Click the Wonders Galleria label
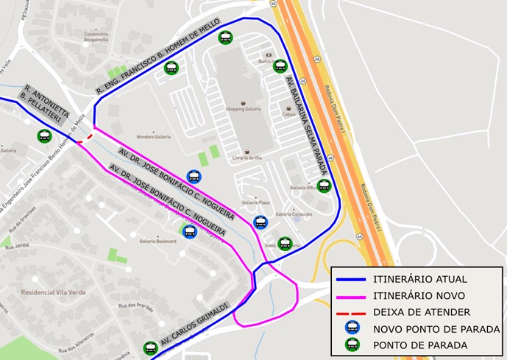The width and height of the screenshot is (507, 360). [x=153, y=137]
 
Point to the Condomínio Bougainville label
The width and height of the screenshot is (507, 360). [x=96, y=38]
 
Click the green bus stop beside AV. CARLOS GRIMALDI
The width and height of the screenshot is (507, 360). [x=150, y=347]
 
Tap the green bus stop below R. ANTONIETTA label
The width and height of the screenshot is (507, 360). [x=44, y=136]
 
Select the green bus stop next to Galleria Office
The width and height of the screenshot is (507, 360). [x=324, y=186]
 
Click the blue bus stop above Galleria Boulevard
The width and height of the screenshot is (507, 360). [x=189, y=231]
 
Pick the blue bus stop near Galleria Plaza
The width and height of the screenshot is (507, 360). [x=260, y=222]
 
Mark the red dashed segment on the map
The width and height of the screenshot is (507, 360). [x=85, y=138]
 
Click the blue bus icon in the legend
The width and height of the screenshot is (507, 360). [x=352, y=328]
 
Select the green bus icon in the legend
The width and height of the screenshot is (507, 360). [x=352, y=344]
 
